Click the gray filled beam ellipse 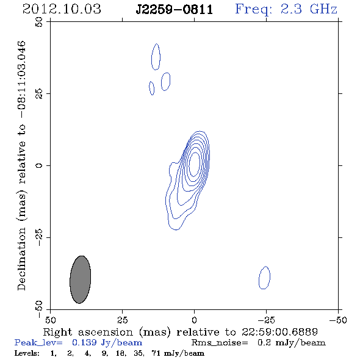[80, 279]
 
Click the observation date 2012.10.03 [62, 9]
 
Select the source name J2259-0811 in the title [175, 9]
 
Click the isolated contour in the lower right [259, 278]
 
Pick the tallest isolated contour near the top [152, 57]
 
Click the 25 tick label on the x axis [122, 320]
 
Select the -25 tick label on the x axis [266, 320]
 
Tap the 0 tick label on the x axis [194, 320]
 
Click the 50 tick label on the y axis [39, 22]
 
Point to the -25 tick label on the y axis [39, 237]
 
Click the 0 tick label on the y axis [39, 165]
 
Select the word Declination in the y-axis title [21, 259]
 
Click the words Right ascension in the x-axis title [88, 332]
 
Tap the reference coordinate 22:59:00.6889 [279, 332]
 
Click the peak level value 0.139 [84, 342]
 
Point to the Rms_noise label [220, 343]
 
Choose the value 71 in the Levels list [156, 353]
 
